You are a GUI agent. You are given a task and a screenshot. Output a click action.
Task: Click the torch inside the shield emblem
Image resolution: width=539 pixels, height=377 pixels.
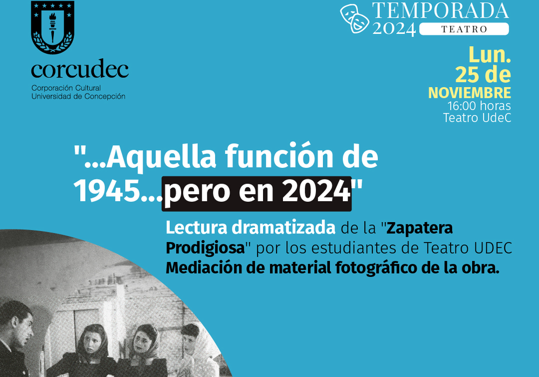click(53, 27)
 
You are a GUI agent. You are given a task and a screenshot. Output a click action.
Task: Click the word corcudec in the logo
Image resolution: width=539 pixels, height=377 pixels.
click(80, 69)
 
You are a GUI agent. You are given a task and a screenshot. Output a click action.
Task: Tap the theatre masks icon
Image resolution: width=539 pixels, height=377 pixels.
click(355, 18)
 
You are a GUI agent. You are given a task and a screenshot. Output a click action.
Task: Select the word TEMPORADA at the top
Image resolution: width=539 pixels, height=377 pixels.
click(440, 11)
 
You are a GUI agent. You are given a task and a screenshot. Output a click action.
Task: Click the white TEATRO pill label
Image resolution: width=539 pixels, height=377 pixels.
click(464, 29)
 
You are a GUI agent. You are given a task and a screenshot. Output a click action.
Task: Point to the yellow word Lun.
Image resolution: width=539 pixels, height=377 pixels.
click(489, 55)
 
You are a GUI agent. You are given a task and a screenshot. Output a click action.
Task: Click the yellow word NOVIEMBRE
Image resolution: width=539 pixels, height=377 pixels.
click(469, 93)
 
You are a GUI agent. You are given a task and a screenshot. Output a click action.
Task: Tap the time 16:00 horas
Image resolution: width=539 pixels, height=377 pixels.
click(479, 105)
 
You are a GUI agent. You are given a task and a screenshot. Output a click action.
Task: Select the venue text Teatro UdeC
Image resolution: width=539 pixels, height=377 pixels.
click(477, 118)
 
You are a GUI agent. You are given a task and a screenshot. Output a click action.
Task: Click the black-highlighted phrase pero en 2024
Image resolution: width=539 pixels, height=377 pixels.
click(257, 193)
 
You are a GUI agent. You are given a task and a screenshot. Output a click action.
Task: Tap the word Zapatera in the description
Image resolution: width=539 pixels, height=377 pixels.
click(419, 228)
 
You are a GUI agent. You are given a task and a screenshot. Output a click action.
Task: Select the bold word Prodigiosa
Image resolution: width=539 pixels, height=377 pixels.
click(205, 248)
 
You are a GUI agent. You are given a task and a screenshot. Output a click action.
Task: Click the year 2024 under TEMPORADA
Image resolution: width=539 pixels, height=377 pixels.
click(395, 29)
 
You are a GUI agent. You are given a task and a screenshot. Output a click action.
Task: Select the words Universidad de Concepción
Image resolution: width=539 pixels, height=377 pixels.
click(78, 96)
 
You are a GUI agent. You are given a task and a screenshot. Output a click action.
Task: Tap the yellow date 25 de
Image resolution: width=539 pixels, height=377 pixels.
click(483, 75)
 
